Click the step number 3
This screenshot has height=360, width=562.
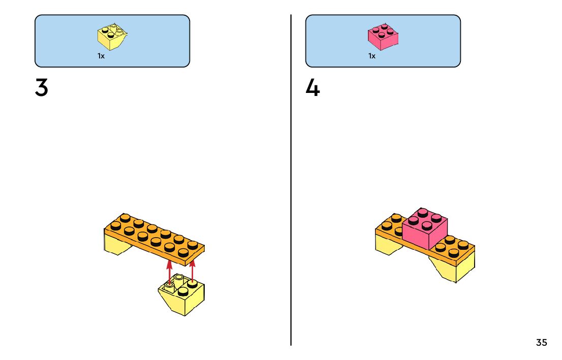click(42, 88)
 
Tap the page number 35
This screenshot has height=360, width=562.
click(542, 343)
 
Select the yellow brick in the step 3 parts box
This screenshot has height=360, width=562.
click(111, 38)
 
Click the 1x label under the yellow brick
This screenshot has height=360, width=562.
click(101, 56)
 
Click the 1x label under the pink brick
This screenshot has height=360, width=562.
click(372, 56)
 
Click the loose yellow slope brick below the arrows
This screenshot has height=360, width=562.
click(184, 300)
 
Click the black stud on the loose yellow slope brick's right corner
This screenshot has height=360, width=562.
click(193, 283)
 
